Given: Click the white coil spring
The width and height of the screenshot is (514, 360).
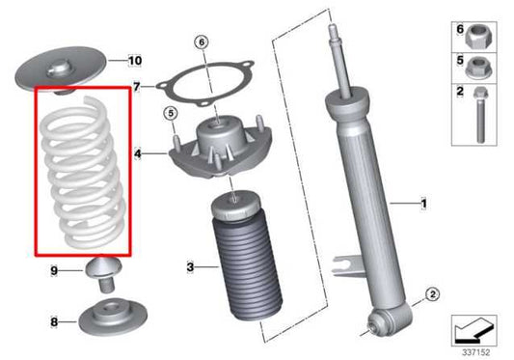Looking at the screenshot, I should pos(83,172).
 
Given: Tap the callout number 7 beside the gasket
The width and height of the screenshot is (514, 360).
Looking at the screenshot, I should pos(137,87).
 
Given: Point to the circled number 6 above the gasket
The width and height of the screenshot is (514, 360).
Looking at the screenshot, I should pos(201,42).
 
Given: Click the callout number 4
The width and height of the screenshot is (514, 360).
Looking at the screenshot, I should pos(138,152).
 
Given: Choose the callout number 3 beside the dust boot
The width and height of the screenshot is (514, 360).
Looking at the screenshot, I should pos(191,266).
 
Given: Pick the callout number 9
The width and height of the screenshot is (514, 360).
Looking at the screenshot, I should pos(55,271).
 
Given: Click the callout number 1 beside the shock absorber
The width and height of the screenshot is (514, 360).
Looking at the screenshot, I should pos(421,204).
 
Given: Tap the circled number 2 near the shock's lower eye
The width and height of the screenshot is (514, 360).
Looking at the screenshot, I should pos(432,293).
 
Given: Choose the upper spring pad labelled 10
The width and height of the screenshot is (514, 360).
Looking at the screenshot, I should pos(63,70).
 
